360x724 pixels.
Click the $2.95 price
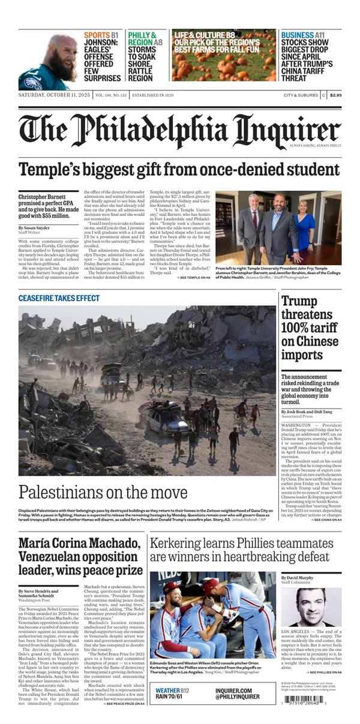click(x=335, y=95)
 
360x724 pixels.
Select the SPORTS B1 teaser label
click(x=101, y=35)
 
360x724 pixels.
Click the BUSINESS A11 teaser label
click(x=305, y=35)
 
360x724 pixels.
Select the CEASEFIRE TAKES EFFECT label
click(x=59, y=298)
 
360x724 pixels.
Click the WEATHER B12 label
click(x=172, y=690)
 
